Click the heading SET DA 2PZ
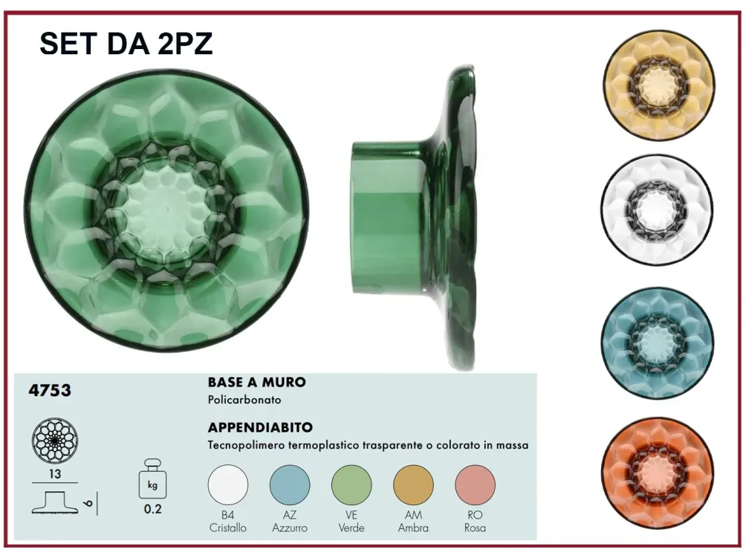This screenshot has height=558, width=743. click(x=126, y=44)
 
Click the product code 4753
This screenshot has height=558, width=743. click(x=51, y=389)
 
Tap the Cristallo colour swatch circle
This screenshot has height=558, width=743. click(x=228, y=485)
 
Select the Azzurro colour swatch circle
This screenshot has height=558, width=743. click(x=290, y=485)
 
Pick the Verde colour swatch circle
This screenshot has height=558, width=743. click(x=351, y=485)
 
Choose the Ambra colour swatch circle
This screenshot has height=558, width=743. click(x=413, y=485)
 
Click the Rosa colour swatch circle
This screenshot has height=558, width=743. click(x=475, y=485)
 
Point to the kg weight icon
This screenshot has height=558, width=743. click(x=152, y=481)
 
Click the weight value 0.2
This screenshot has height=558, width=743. click(x=152, y=510)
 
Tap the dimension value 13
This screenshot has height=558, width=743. click(x=55, y=474)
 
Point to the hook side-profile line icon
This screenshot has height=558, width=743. click(x=56, y=502)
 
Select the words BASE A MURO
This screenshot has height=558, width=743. click(x=256, y=383)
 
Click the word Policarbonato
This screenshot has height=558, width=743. click(x=244, y=400)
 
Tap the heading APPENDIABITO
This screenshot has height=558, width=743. click(x=260, y=428)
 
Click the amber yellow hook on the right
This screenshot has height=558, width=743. click(x=658, y=85)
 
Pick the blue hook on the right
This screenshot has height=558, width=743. click(x=658, y=343)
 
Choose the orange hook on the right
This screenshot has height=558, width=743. click(x=658, y=473)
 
